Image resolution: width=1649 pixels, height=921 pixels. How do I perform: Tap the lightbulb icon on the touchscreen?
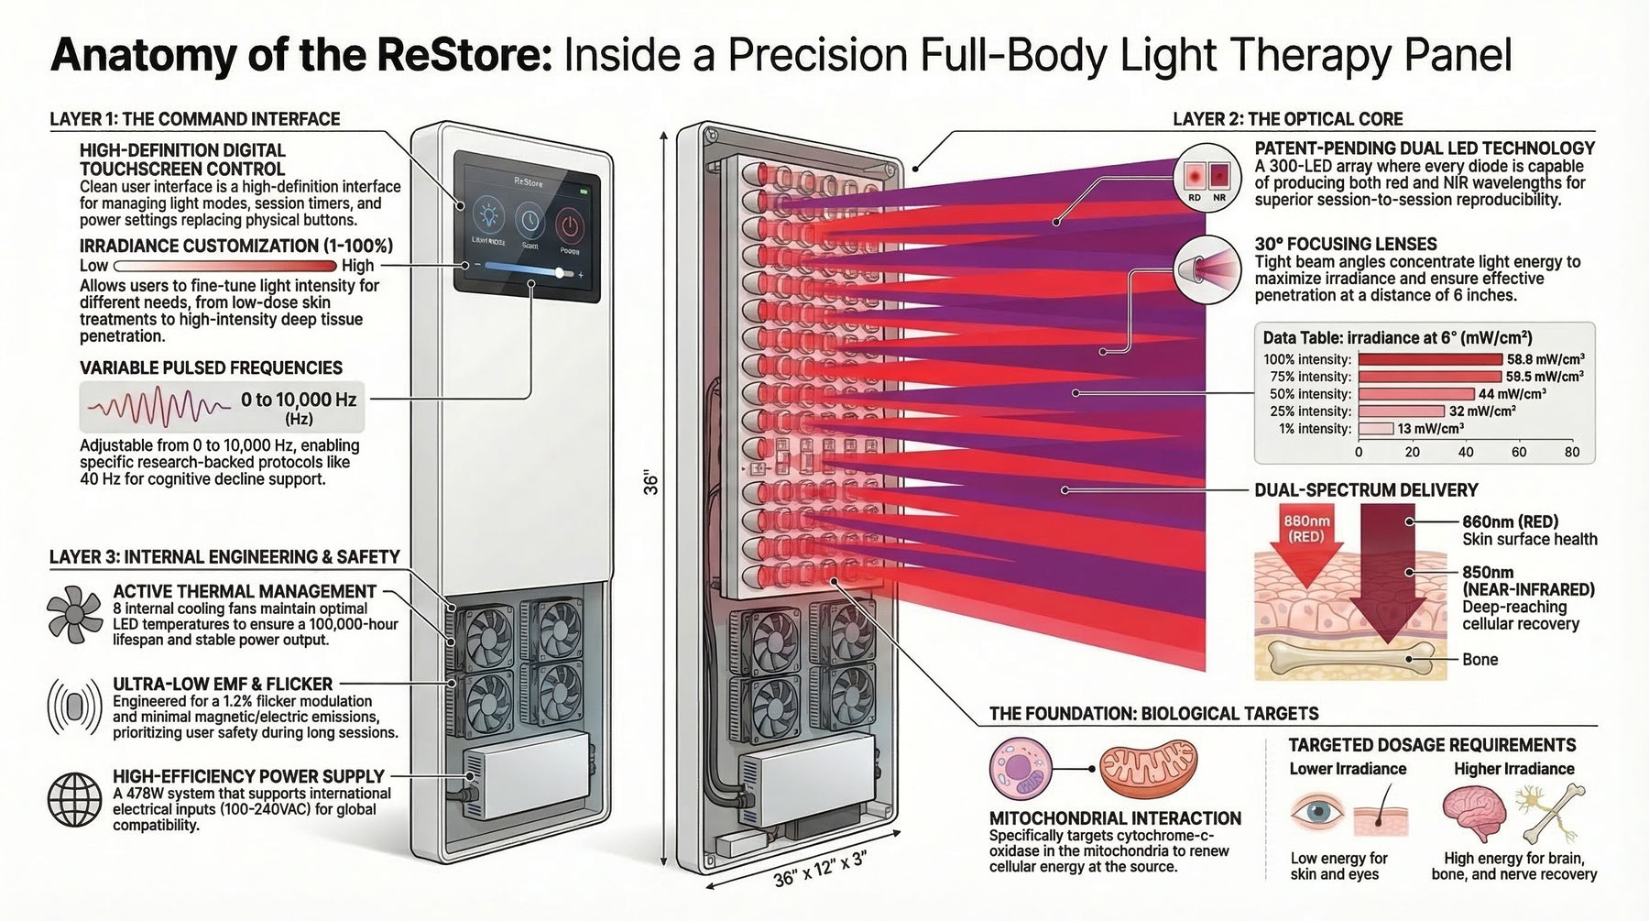[486, 220]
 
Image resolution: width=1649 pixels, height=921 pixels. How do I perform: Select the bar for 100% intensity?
[1430, 359]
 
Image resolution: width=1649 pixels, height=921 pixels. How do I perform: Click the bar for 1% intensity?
[1375, 429]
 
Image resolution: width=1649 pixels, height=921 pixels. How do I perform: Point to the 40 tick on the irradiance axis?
[1466, 452]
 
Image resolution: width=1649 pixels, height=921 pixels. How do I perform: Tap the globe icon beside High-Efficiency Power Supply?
[74, 800]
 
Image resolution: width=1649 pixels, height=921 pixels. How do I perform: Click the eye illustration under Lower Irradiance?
[1317, 812]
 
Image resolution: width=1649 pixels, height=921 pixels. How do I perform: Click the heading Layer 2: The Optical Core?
[1287, 119]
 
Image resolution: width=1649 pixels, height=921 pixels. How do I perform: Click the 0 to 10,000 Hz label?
[298, 400]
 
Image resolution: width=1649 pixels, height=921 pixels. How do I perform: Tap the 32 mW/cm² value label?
[1481, 411]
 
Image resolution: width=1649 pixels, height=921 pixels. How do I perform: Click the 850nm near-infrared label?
[1528, 581]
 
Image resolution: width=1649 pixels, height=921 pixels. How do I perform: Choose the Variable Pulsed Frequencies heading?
[211, 368]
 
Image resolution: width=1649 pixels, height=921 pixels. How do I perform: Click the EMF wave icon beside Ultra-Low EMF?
[74, 707]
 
